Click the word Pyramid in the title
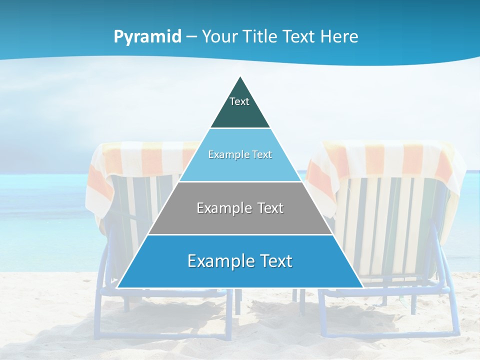tap(147, 37)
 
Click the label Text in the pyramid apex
tap(239, 101)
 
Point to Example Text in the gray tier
tap(240, 208)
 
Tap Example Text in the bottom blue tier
tap(240, 261)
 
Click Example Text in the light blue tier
tap(240, 154)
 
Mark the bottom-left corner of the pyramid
tap(117, 287)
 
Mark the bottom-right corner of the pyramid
tap(363, 287)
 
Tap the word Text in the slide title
tap(299, 37)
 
